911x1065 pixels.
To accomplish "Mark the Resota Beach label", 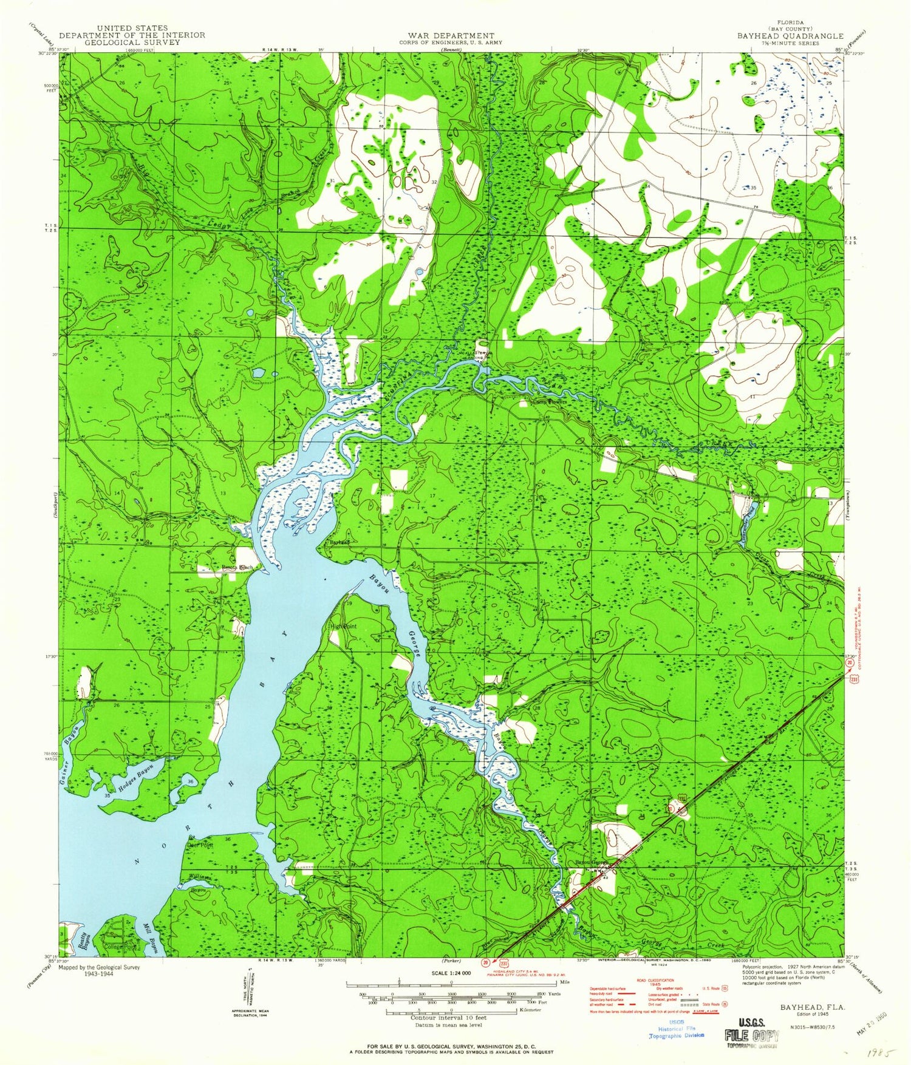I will (236, 568).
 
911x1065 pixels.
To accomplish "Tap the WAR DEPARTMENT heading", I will (451, 36).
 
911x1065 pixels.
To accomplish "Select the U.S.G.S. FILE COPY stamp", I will (751, 1030).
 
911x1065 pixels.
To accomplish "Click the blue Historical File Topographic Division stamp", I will (677, 1032).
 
